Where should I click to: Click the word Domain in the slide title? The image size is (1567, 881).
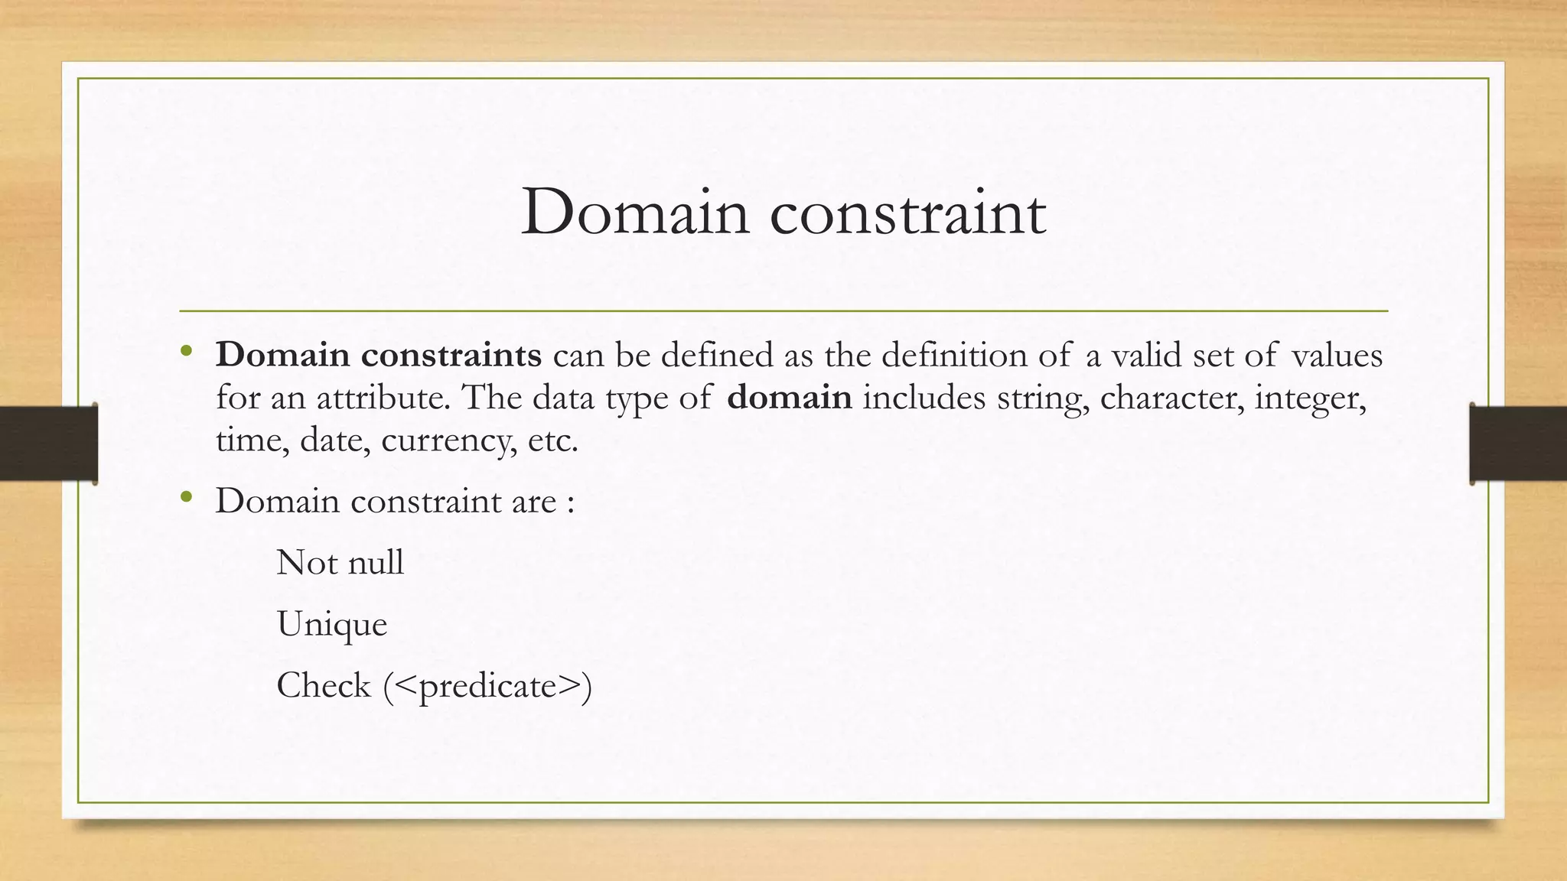pos(634,213)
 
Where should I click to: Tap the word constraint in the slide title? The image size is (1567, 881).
pos(907,213)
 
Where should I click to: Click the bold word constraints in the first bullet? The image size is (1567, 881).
pos(451,355)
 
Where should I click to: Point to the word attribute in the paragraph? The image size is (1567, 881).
pos(383,398)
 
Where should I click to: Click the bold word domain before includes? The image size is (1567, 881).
pos(789,398)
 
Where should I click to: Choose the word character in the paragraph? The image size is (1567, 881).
pos(1171,398)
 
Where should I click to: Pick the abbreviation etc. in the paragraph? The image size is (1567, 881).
pos(552,440)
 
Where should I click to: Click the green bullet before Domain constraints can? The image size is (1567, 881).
pos(186,353)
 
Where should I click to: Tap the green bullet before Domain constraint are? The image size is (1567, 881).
pos(186,499)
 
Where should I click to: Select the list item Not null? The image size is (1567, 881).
pos(340,563)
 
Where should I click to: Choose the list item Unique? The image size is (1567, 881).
pos(332,625)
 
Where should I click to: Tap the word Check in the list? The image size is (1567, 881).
pos(323,685)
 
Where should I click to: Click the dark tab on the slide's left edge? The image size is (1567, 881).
pos(48,444)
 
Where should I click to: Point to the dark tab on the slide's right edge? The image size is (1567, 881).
pos(1518,444)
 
